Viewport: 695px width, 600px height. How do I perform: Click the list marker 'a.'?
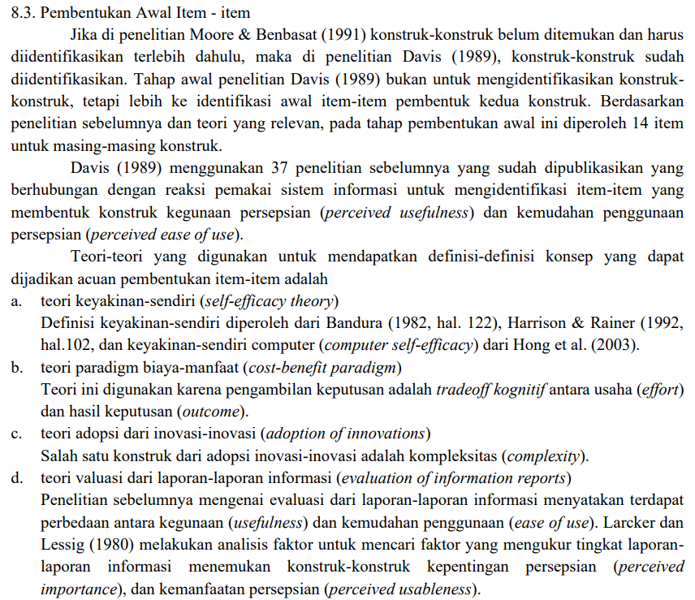[16, 301]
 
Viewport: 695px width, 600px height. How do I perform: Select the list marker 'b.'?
[16, 367]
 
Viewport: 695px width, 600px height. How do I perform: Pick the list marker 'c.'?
[16, 433]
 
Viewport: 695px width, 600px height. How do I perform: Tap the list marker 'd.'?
[16, 477]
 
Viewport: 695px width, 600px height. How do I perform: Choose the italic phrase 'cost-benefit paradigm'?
[322, 367]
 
